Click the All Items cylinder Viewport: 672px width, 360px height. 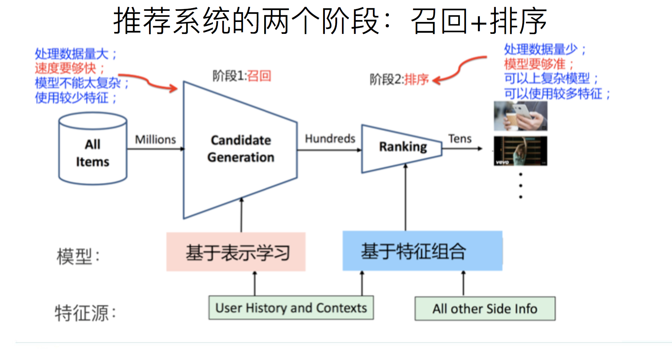click(93, 149)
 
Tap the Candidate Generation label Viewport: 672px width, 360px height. click(240, 149)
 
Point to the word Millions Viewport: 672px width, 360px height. click(155, 139)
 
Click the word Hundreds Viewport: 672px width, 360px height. click(330, 139)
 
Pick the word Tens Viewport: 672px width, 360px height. click(460, 139)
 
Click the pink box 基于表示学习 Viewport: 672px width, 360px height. click(236, 252)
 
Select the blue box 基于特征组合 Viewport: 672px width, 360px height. click(422, 251)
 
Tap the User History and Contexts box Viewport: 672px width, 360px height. click(291, 308)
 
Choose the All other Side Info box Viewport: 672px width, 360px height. click(485, 309)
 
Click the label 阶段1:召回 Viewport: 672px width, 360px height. click(242, 76)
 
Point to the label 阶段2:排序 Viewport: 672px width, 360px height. click(399, 79)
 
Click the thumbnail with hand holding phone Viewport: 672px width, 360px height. click(520, 116)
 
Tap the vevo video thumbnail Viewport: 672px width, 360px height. click(520, 151)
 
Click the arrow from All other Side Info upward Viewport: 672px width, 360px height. click(463, 284)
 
